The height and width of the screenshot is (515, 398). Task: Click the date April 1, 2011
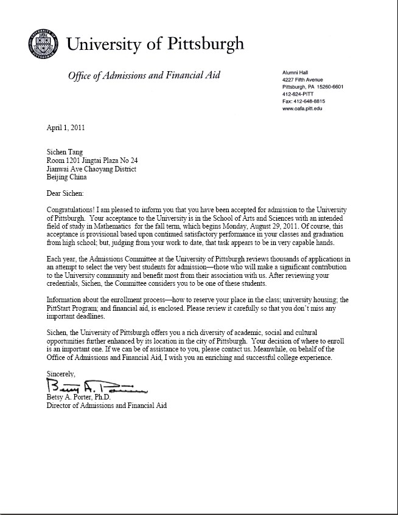point(66,128)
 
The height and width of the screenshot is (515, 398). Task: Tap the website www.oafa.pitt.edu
point(302,108)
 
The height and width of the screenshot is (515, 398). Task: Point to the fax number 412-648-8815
point(304,102)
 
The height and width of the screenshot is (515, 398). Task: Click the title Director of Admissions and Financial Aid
point(106,406)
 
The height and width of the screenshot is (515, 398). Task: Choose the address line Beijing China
point(67,178)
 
